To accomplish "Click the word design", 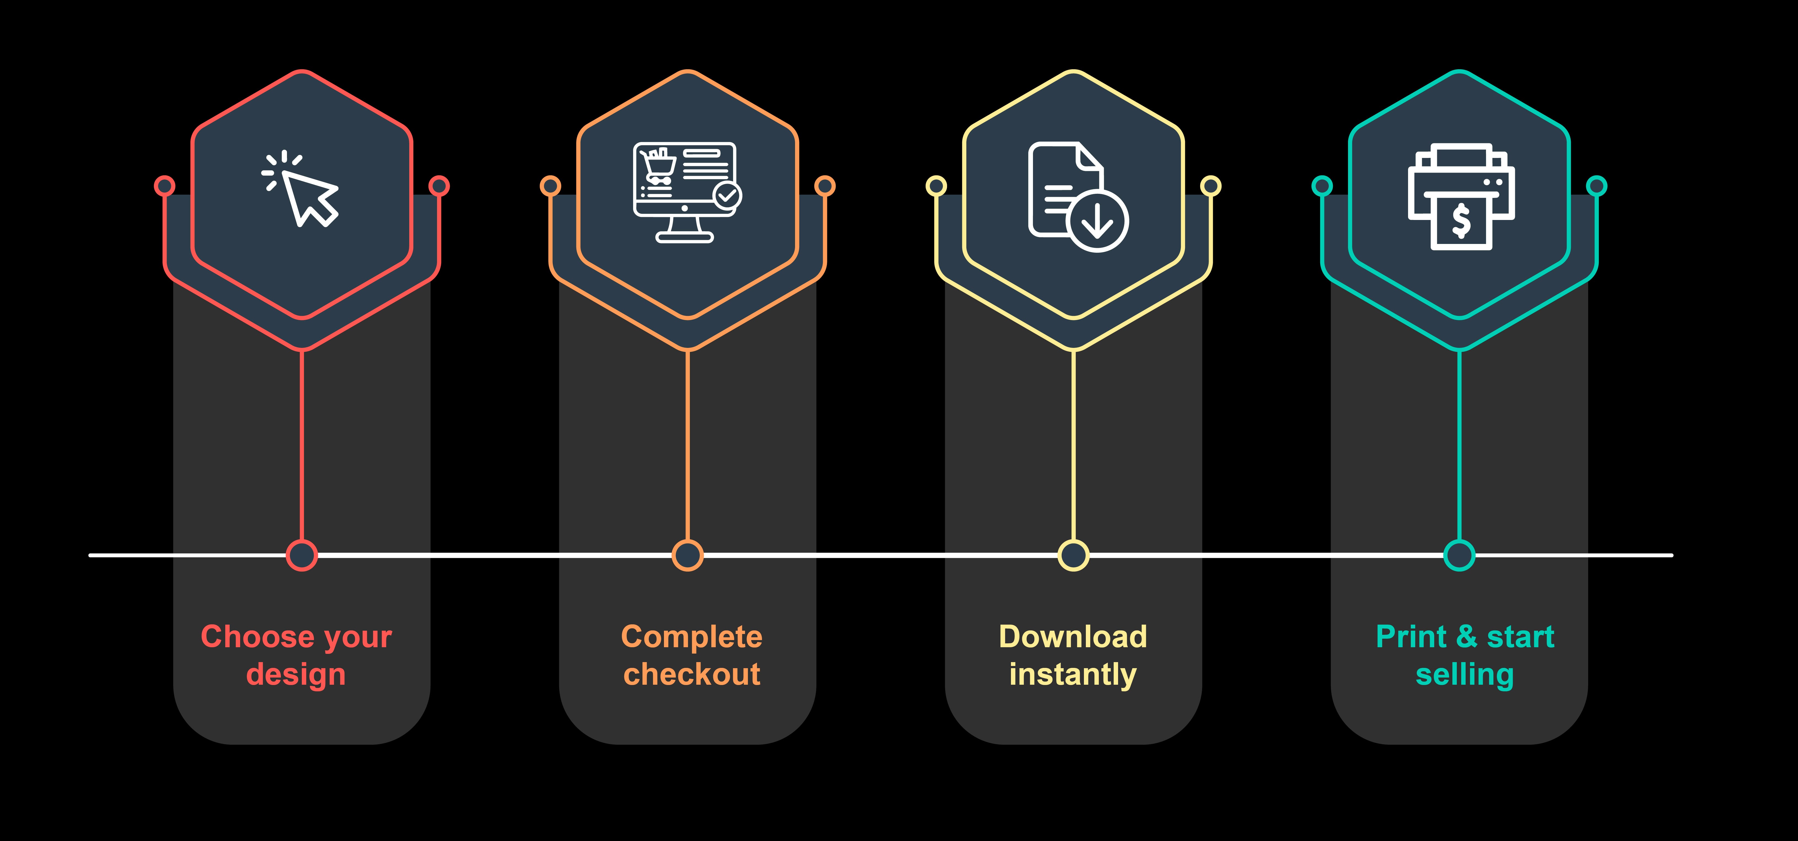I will point(296,675).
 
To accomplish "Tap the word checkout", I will point(692,675).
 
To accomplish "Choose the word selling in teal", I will point(1464,675).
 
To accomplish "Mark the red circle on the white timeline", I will point(302,555).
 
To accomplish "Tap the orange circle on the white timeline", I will point(688,555).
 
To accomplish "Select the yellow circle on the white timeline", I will point(1073,555).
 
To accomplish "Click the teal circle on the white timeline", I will point(1459,555).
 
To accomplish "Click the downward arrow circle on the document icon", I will point(1097,221).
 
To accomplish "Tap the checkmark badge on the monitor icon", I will point(727,196).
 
